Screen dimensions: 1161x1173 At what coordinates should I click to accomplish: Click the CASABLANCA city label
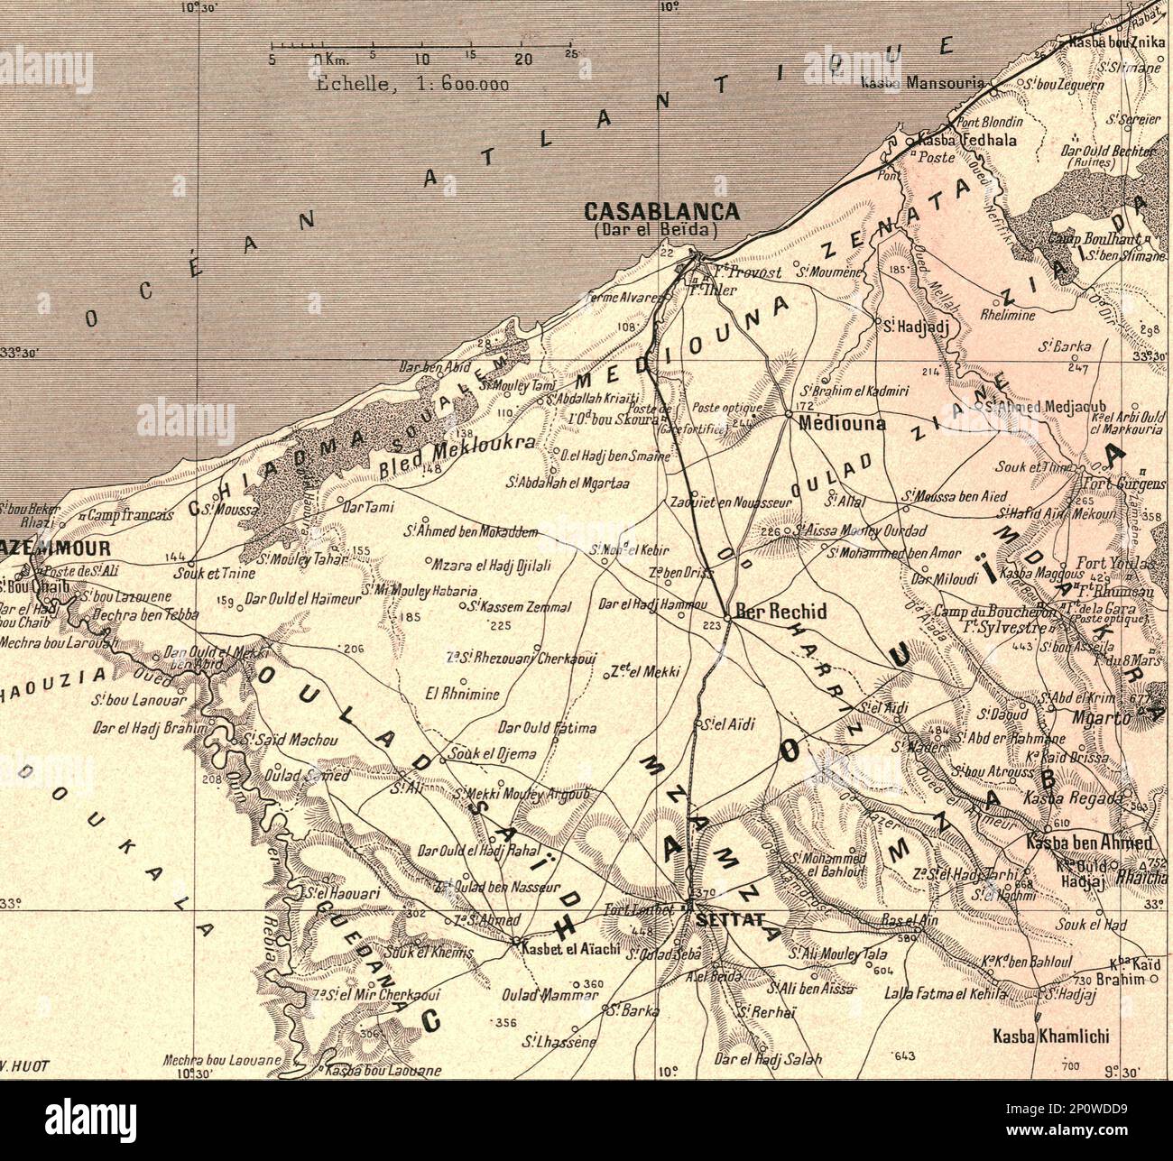(x=661, y=212)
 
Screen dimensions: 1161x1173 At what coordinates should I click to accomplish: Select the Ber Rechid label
(x=780, y=612)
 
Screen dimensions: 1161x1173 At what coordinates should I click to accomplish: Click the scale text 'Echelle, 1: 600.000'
(x=413, y=86)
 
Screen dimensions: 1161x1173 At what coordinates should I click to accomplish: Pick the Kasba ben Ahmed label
(x=1089, y=843)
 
